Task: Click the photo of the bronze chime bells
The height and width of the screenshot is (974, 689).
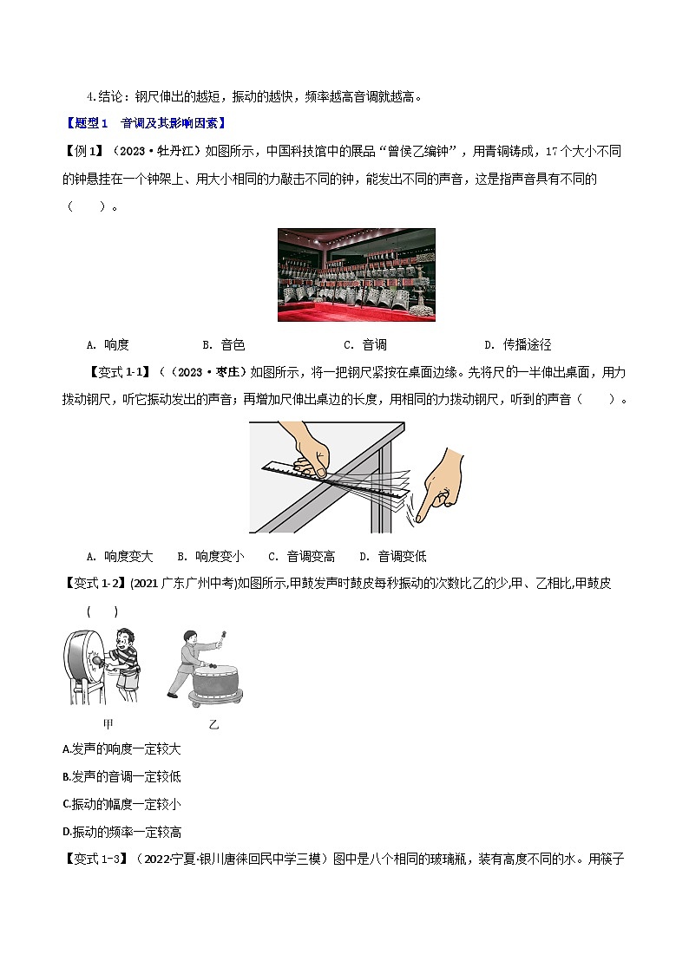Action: click(x=356, y=274)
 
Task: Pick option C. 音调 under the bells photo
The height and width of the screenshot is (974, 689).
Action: click(x=365, y=344)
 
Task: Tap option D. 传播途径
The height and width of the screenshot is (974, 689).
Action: click(x=517, y=344)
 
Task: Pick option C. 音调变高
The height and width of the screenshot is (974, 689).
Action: click(x=302, y=556)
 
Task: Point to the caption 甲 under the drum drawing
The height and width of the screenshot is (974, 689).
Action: click(x=108, y=722)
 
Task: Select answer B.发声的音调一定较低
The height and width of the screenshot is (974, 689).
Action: click(x=122, y=776)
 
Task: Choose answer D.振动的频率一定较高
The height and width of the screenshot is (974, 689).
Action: click(x=122, y=832)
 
